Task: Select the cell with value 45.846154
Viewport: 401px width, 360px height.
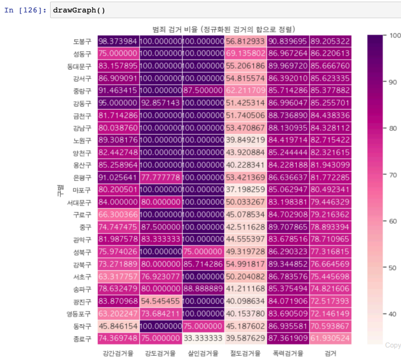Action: click(x=118, y=326)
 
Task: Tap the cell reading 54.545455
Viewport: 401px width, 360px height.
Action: click(x=160, y=301)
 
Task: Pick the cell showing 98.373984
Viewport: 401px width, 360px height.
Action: click(x=118, y=41)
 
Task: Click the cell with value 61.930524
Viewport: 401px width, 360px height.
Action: click(x=331, y=339)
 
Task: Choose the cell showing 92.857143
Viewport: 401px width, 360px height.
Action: click(x=160, y=103)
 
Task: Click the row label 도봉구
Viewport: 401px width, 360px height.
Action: click(x=81, y=42)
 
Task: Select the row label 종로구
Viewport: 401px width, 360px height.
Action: click(x=81, y=339)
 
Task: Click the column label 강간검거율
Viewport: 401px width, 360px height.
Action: click(x=118, y=353)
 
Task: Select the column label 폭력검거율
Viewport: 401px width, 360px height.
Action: click(x=288, y=353)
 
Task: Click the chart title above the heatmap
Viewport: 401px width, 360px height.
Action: click(x=224, y=29)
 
